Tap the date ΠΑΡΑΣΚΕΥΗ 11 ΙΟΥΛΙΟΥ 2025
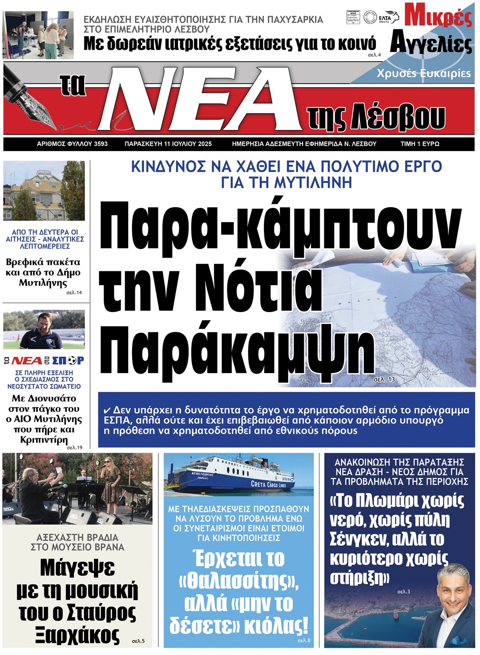tap(168, 144)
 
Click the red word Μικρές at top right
tap(438, 16)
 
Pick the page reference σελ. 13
tap(384, 379)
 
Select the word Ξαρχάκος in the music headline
tap(77, 635)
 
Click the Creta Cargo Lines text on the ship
tap(268, 484)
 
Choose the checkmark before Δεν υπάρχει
tap(108, 410)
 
